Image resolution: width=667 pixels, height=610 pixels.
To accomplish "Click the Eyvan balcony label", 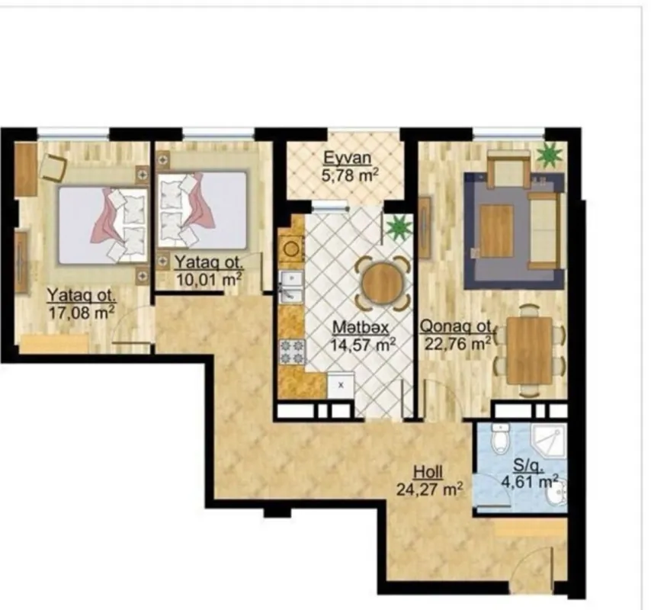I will (x=347, y=159).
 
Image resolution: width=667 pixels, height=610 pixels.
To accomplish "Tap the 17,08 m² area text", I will (x=82, y=311).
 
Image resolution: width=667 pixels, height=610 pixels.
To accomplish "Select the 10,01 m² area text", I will (x=208, y=278).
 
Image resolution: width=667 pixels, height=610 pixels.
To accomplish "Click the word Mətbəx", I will (x=361, y=327).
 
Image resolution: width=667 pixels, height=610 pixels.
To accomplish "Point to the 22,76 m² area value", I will (x=455, y=344).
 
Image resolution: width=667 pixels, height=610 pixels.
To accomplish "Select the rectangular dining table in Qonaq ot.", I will (x=529, y=350).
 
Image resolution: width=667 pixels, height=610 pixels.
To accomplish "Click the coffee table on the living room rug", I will (x=496, y=231).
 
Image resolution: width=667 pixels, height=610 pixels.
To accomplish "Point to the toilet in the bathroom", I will (x=500, y=440).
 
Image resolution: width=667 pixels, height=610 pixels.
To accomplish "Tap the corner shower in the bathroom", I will (x=548, y=442).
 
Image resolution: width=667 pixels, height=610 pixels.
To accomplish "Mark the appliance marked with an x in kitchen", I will (x=340, y=385).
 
